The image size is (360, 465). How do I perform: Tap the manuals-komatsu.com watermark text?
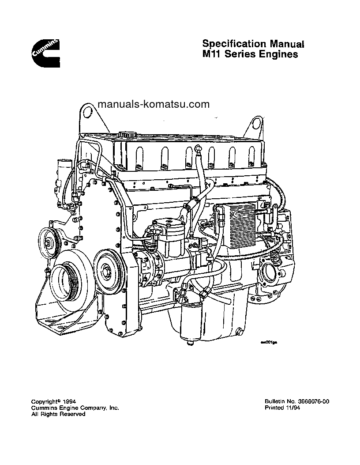coord(147,105)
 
